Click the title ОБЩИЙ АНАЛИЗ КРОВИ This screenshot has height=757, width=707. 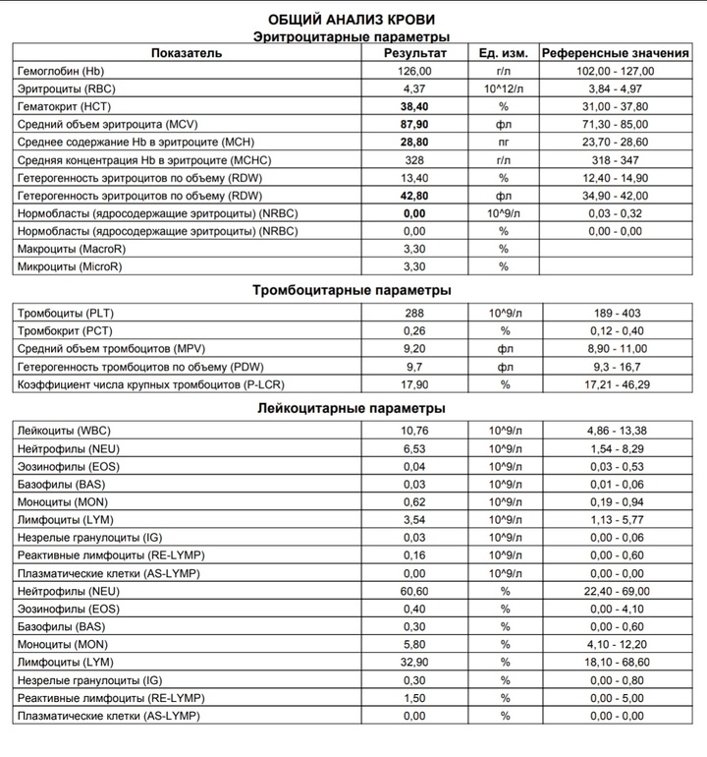pos(353,20)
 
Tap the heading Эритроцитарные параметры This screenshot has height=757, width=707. pos(353,36)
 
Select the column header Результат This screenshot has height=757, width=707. pos(415,53)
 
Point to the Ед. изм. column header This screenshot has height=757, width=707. pos(505,53)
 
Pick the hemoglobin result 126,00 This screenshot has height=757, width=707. pos(415,72)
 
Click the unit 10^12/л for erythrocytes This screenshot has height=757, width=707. pos(505,88)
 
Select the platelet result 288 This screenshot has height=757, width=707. pos(415,313)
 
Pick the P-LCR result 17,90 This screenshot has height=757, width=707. pos(415,383)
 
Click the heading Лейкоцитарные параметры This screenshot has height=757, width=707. pos(353,407)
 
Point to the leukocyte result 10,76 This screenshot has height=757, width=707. pos(415,431)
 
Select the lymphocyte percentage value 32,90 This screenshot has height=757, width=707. pos(415,663)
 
